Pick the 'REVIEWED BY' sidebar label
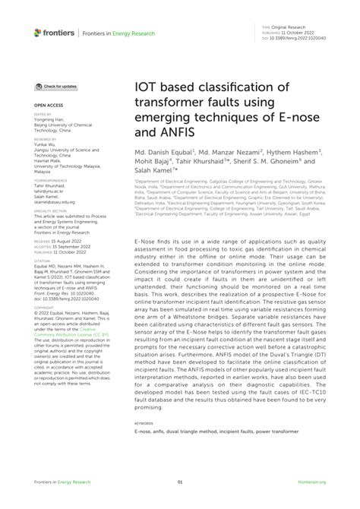coord(45,140)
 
